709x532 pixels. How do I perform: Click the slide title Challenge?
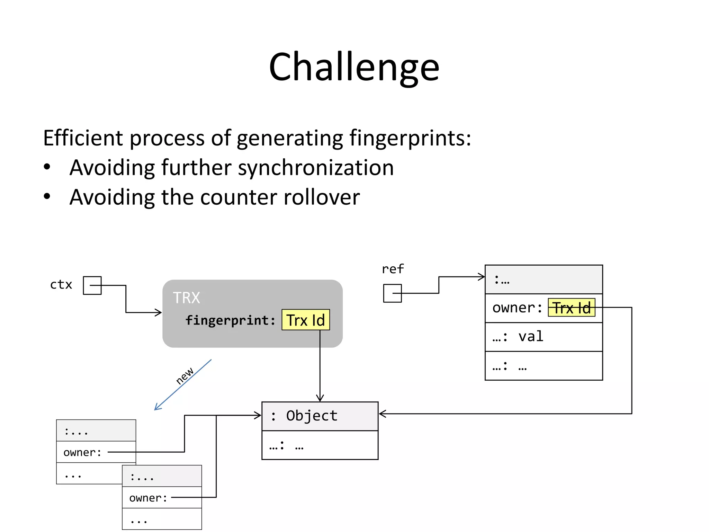coord(354,67)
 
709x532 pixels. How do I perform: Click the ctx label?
coord(61,285)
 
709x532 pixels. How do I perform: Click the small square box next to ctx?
coord(92,285)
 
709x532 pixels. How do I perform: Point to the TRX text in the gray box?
coord(186,298)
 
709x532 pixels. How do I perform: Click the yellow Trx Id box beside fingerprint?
coord(306,320)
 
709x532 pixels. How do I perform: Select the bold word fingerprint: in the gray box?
coord(230,320)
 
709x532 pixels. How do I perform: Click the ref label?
coord(393,269)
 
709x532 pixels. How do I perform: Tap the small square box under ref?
coord(392,293)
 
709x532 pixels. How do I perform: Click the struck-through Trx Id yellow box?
coord(571,308)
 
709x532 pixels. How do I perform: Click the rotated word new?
coord(185,376)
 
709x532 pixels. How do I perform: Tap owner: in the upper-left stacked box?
coord(82,452)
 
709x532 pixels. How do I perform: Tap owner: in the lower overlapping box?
coord(148,498)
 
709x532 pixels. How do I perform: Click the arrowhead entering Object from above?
coord(320,398)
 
